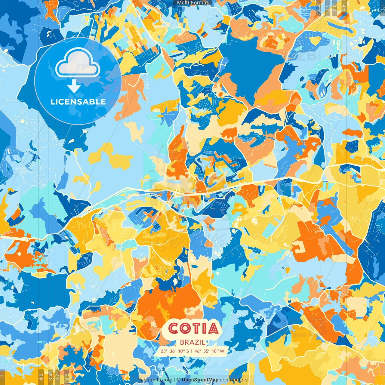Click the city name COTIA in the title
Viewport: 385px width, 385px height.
193,328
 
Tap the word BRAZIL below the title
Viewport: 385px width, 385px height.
193,342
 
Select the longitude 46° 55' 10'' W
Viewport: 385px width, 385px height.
209,351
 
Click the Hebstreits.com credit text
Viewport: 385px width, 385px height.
155,380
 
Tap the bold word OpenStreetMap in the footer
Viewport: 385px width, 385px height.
200,380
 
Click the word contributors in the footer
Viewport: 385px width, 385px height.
234,380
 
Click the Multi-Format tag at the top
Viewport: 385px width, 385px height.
192,3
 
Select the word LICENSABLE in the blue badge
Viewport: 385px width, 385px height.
78,102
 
